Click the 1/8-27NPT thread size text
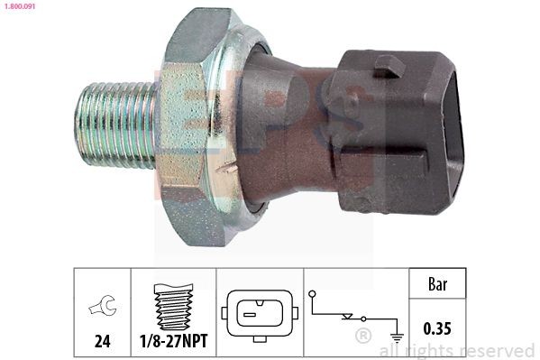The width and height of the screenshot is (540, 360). pos(173,342)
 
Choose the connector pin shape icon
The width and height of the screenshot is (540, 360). pos(259,313)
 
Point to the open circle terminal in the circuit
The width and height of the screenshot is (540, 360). pos(313,293)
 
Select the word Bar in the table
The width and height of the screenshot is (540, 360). pos(436,284)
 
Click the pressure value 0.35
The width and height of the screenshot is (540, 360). pos(436,331)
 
